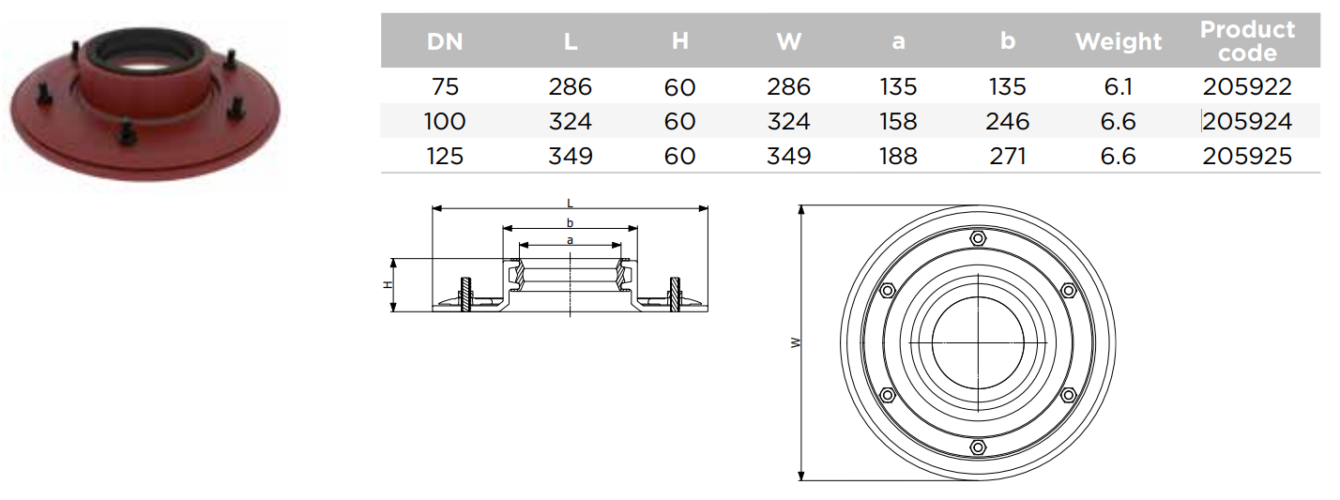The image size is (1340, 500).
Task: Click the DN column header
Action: [445, 41]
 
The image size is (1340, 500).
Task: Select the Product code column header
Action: [1247, 40]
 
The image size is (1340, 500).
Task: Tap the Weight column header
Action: [1118, 41]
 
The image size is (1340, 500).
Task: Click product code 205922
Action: [1247, 86]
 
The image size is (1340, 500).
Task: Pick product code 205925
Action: [1247, 156]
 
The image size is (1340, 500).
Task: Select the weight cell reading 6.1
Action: [1118, 86]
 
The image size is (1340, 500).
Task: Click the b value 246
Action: [1008, 121]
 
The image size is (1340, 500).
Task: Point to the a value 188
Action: [898, 156]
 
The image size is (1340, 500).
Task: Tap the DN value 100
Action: [445, 121]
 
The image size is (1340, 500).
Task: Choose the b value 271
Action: [1008, 156]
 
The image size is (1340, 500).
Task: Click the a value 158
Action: [898, 121]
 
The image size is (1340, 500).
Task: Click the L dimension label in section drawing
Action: [570, 204]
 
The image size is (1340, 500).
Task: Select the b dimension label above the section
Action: [570, 222]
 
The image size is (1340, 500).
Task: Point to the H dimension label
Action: [388, 284]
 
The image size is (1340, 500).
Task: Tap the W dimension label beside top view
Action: [795, 342]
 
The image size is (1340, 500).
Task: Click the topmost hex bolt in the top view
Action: [978, 238]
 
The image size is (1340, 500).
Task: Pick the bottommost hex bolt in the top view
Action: [978, 447]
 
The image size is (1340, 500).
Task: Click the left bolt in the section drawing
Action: [464, 295]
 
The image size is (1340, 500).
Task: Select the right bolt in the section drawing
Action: [675, 295]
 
